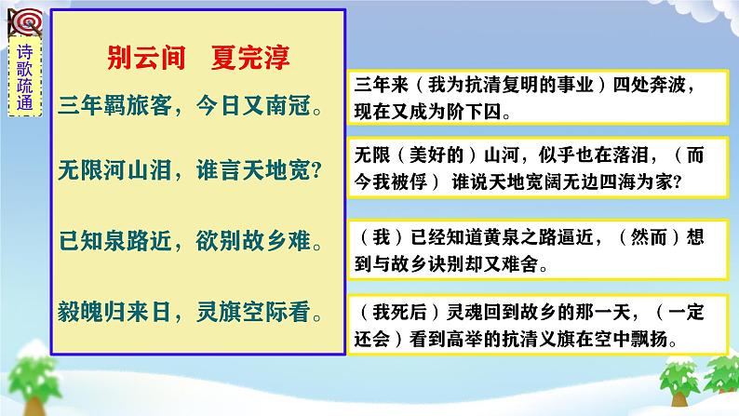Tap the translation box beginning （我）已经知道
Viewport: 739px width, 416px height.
coord(534,249)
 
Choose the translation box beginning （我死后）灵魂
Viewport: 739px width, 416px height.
coord(534,321)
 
